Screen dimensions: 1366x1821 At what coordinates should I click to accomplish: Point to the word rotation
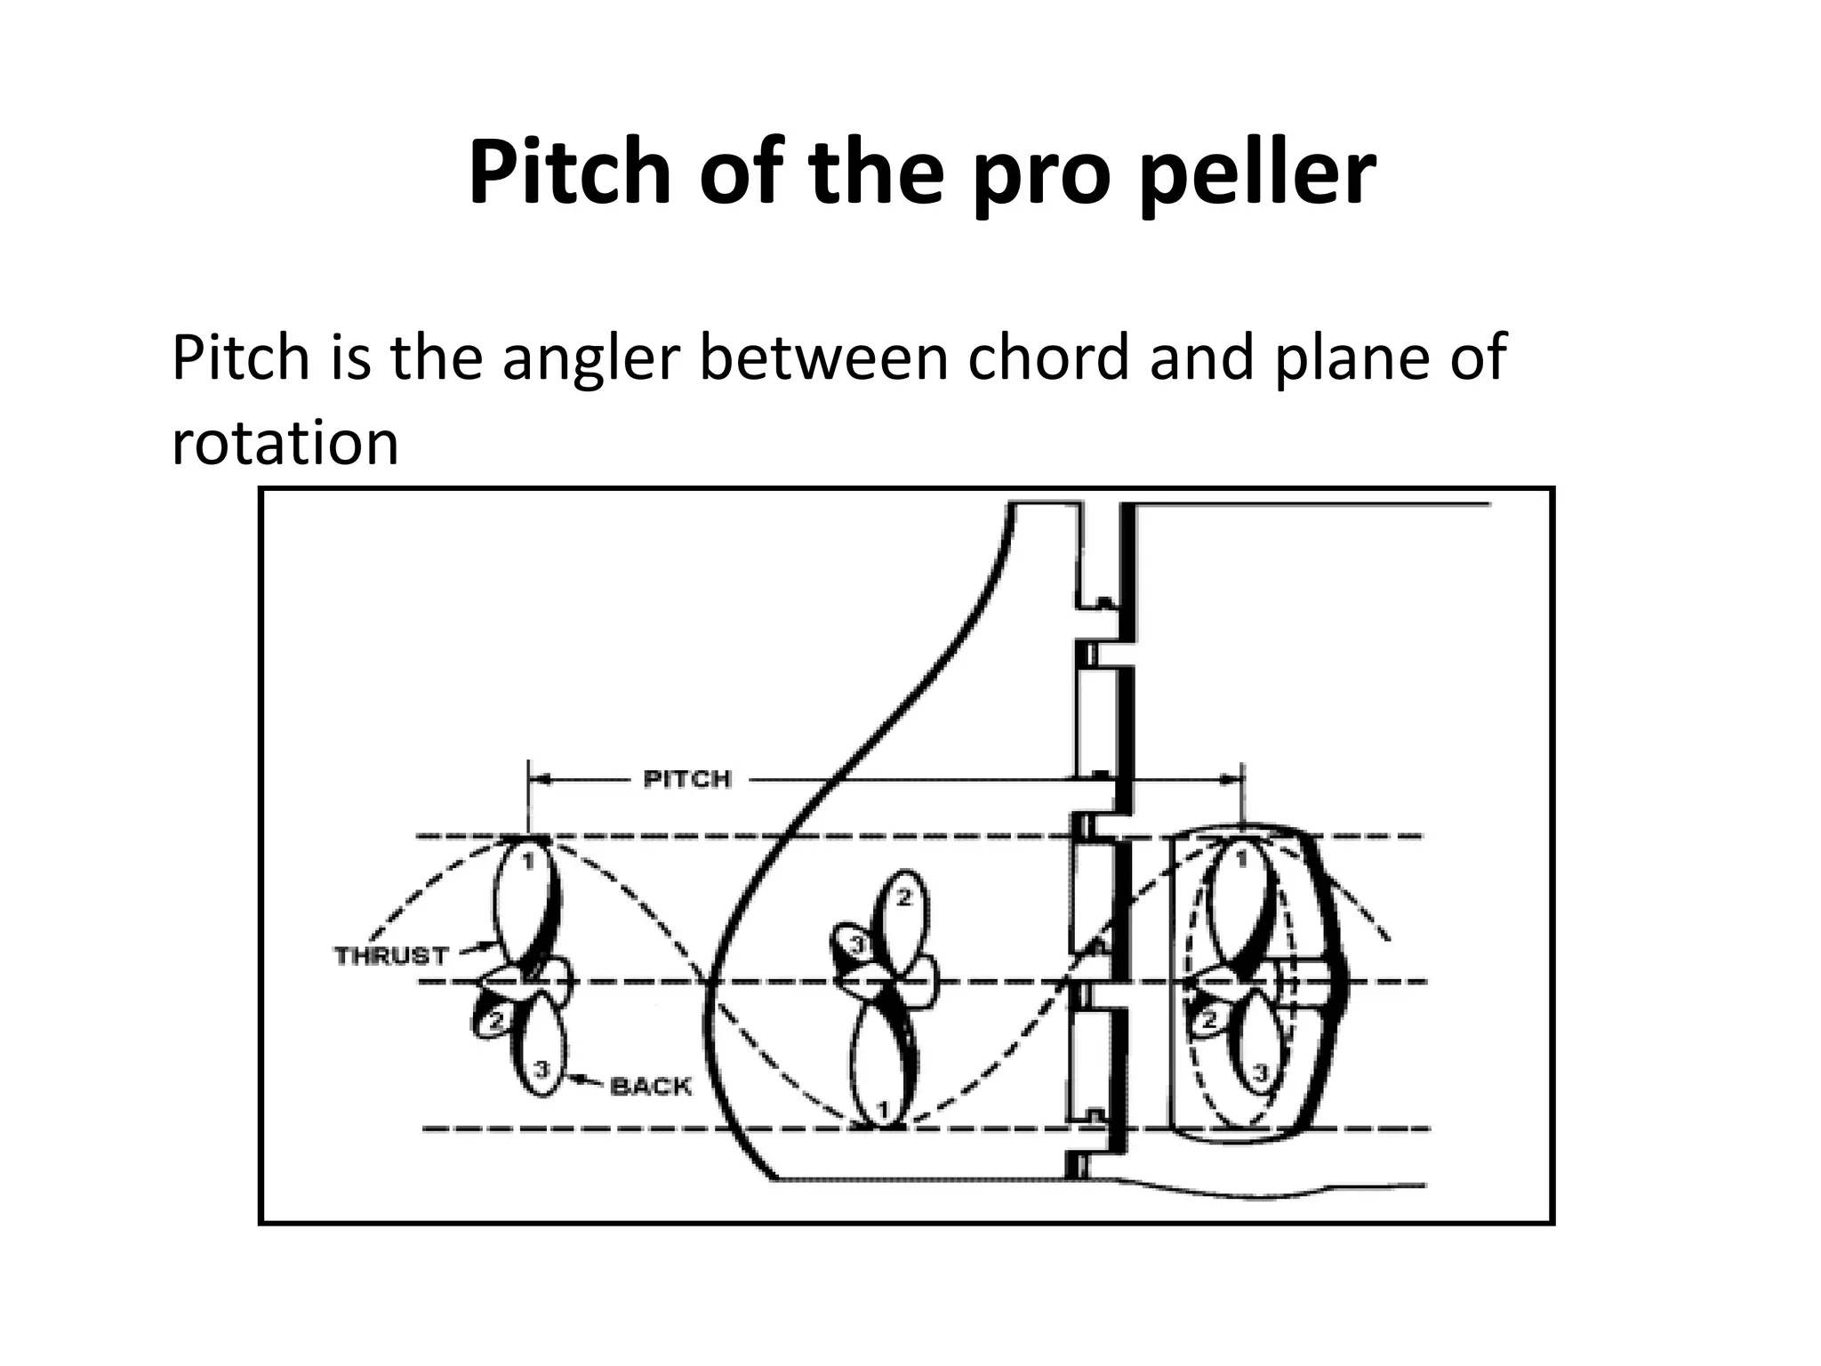pos(285,443)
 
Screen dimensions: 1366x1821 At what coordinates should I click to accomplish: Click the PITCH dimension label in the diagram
pos(686,780)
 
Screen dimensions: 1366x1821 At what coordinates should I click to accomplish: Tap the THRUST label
pos(391,956)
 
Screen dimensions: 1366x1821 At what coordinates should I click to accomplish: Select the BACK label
pos(651,1086)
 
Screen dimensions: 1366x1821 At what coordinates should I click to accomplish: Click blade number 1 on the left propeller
pos(526,862)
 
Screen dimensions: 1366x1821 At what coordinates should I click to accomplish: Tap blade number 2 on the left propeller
pos(496,1021)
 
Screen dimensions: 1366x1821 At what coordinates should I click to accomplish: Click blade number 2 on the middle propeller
pos(903,898)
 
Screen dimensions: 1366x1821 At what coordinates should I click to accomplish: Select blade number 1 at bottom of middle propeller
pos(882,1109)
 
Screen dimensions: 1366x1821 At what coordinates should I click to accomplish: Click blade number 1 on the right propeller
pos(1241,860)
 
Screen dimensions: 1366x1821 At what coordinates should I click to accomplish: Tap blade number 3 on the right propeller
pos(1259,1073)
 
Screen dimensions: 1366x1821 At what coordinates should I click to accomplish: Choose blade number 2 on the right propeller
pos(1208,1021)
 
